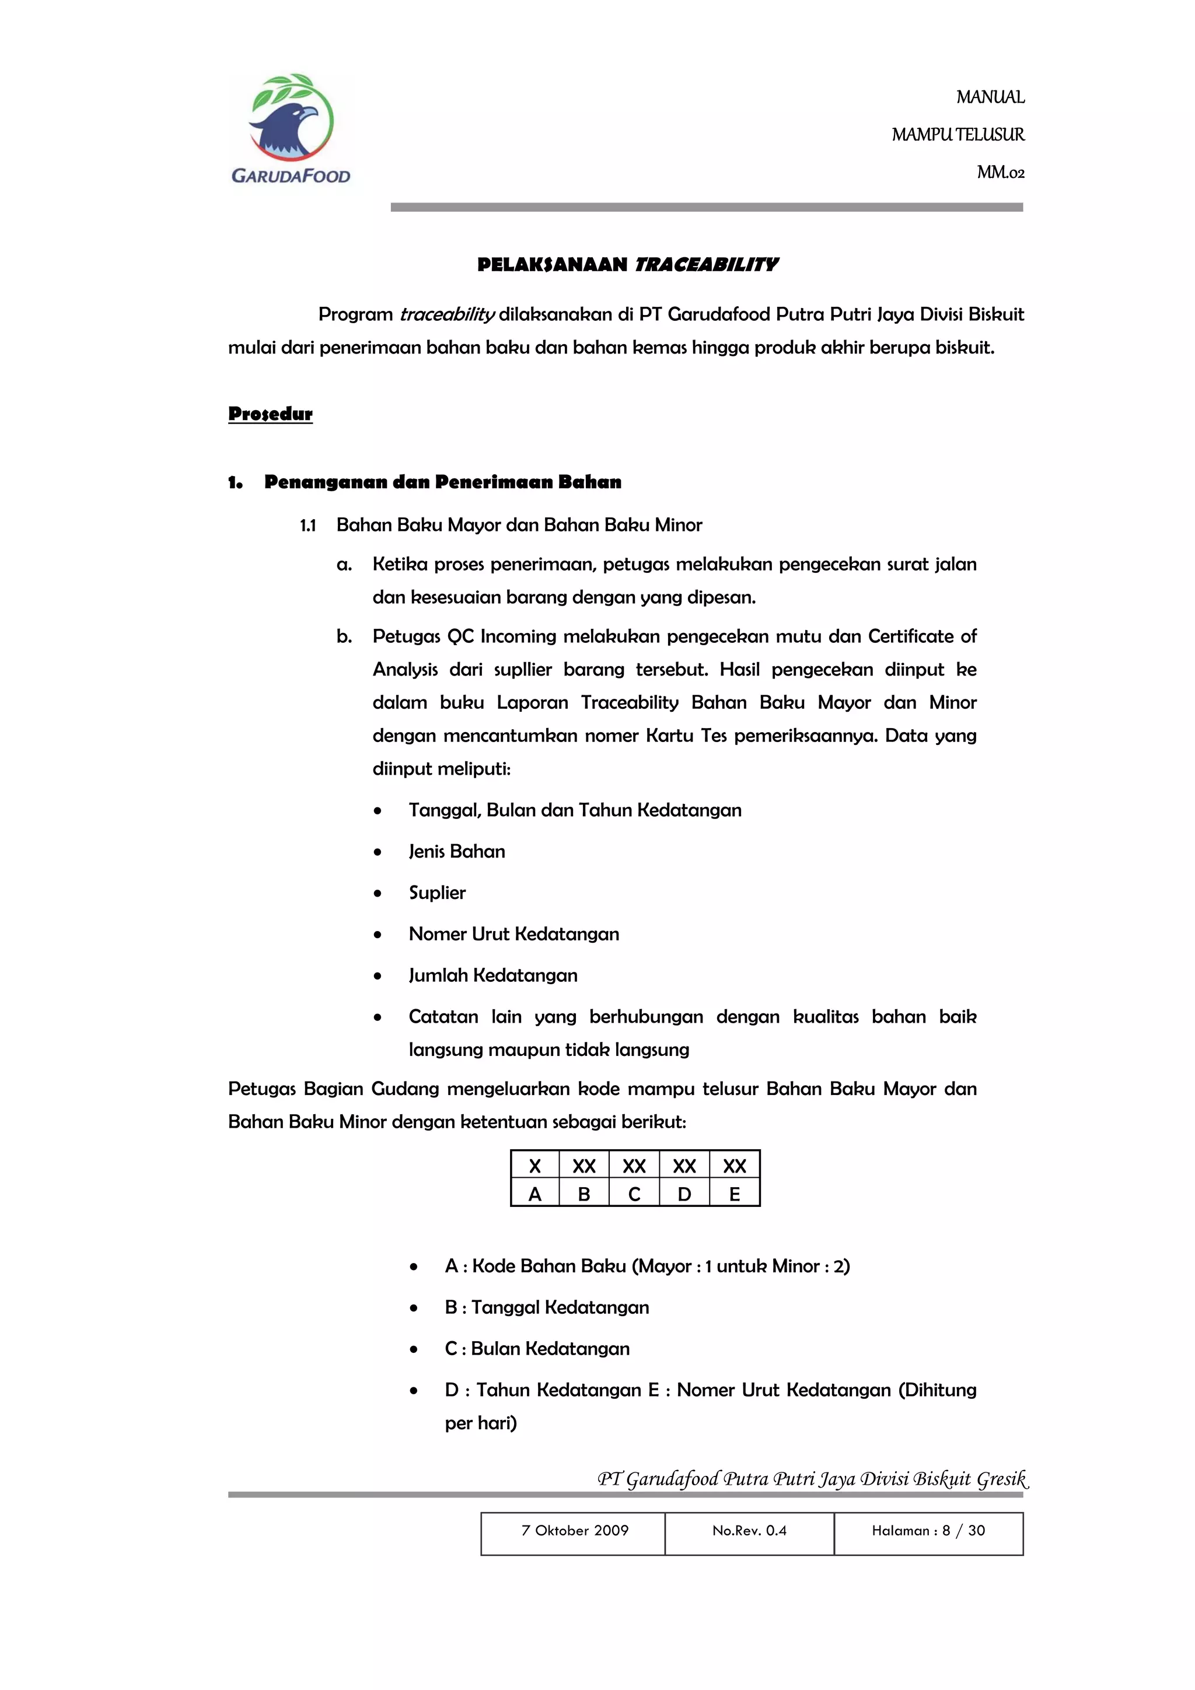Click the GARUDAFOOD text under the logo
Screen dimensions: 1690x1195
coord(291,176)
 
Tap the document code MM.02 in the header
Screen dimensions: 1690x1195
coord(1000,172)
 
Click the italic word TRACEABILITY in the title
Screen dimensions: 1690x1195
coord(705,265)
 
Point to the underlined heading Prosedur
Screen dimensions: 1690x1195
coord(270,414)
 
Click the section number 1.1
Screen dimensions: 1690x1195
coord(308,526)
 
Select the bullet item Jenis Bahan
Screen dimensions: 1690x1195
coord(456,852)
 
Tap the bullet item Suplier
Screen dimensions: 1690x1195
coord(438,893)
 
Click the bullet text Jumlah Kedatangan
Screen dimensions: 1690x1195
coord(492,975)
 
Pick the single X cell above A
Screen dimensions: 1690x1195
coord(534,1166)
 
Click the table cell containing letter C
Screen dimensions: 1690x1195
coord(634,1194)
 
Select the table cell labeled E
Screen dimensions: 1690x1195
coord(734,1194)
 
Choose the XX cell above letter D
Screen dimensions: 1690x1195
coord(684,1166)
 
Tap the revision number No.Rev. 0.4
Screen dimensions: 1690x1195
coord(749,1530)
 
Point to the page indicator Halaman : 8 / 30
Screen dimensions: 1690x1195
coord(928,1530)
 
